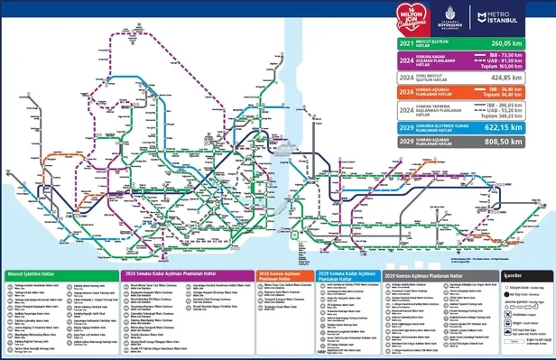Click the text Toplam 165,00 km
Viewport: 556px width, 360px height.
pos(514,66)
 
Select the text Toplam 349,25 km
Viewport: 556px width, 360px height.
pos(514,116)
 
